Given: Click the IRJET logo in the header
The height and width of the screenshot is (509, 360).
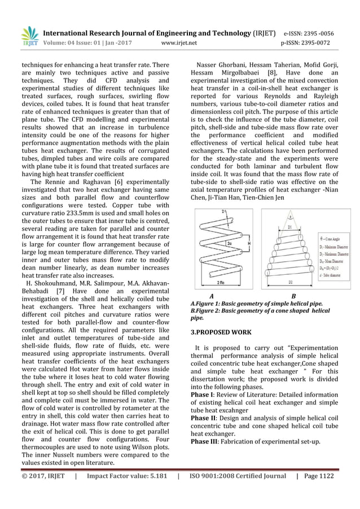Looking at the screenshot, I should pyautogui.click(x=29, y=36).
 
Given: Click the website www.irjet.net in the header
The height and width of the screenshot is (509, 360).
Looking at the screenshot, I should pyautogui.click(x=179, y=42).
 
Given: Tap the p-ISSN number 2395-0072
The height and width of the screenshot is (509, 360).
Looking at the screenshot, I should pyautogui.click(x=318, y=42).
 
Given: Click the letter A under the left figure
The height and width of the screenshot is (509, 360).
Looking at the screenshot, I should pyautogui.click(x=211, y=296).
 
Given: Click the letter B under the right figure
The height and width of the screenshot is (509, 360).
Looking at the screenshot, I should pyautogui.click(x=293, y=296).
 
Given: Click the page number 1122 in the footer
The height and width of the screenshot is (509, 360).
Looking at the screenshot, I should pyautogui.click(x=324, y=476).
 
